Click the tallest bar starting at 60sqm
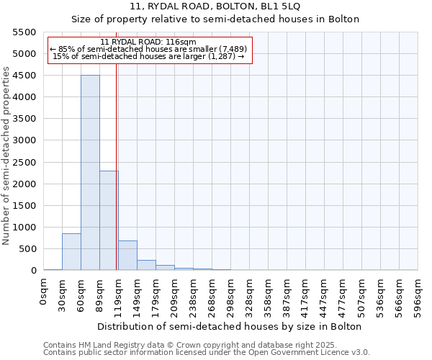click(x=90, y=173)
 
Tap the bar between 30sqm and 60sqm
click(x=71, y=252)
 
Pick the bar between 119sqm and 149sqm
click(x=127, y=256)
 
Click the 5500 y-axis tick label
click(x=26, y=32)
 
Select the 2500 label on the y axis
click(x=26, y=163)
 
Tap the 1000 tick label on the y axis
click(x=26, y=228)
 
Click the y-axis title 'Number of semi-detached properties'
click(x=6, y=156)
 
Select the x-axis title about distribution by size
click(x=229, y=327)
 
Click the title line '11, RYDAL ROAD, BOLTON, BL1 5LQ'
click(x=215, y=6)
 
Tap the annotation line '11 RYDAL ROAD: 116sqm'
click(x=148, y=42)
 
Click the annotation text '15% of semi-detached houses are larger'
click(x=150, y=57)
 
